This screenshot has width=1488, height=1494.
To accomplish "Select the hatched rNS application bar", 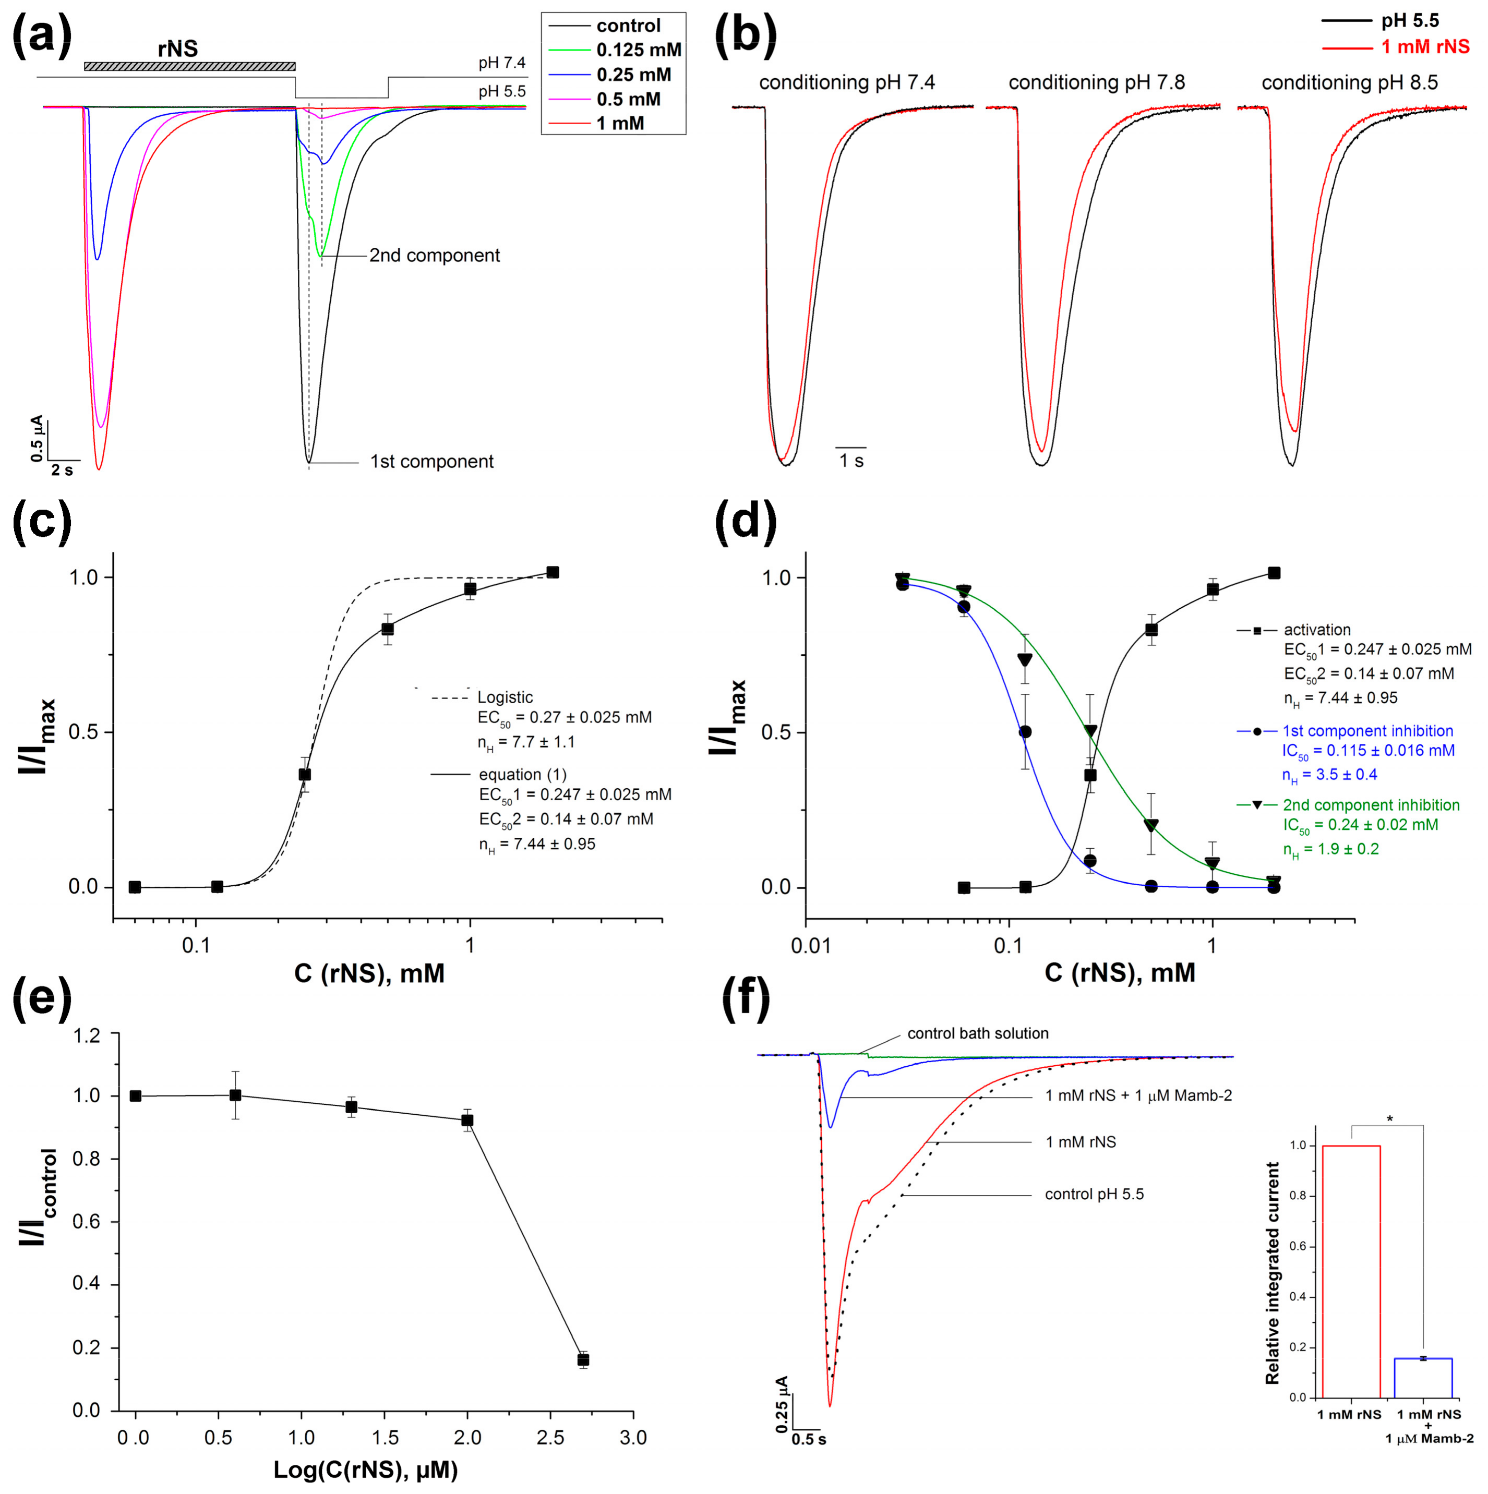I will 189,66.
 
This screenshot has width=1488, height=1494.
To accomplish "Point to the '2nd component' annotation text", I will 434,255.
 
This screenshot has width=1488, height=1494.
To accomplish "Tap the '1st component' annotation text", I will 431,462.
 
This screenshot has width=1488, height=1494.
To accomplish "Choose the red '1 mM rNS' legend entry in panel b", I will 1424,47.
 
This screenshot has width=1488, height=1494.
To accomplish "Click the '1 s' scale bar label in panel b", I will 851,462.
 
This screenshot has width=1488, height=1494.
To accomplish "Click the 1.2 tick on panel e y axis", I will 86,1035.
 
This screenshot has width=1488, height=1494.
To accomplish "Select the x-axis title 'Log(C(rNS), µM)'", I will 365,1470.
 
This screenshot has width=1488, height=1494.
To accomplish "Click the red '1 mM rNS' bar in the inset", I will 1351,1272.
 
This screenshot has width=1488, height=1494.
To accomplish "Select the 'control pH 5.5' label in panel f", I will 1094,1195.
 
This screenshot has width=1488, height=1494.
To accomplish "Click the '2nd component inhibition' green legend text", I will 1371,805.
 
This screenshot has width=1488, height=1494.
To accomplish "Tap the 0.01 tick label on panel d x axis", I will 810,946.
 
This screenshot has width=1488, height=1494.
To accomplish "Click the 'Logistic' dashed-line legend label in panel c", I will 505,697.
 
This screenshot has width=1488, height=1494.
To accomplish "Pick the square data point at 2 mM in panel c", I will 552,572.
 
